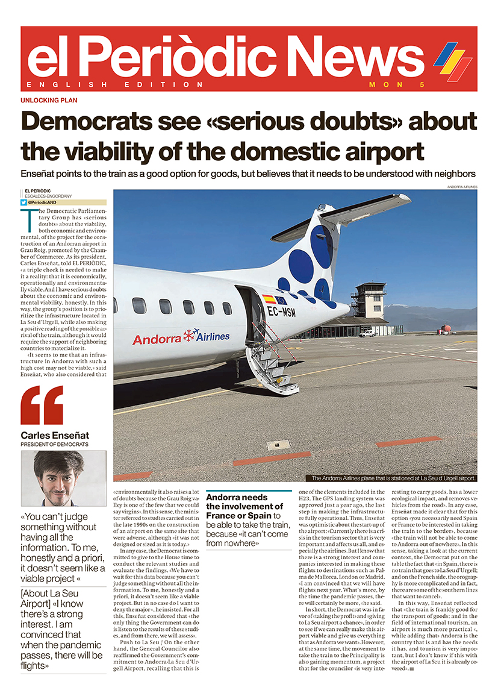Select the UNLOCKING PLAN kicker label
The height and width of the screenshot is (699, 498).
[x=49, y=101]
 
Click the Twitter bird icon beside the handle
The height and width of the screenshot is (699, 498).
[x=23, y=202]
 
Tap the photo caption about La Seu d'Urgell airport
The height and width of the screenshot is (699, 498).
[x=393, y=478]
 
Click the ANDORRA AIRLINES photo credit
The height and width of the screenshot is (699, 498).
[x=462, y=187]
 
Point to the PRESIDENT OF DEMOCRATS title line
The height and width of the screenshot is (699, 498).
[x=54, y=445]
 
